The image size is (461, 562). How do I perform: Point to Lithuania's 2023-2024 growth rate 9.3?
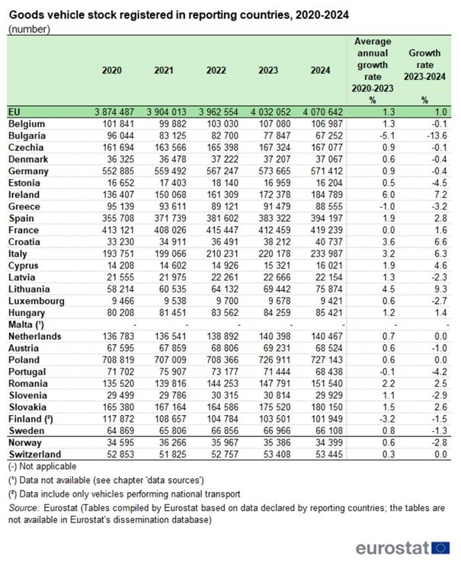425,290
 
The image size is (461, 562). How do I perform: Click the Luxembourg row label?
37,302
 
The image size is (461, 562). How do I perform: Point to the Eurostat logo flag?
441,547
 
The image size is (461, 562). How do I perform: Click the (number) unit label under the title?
29,29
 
